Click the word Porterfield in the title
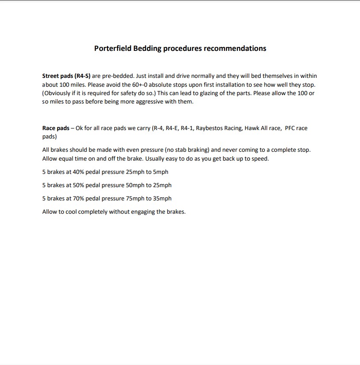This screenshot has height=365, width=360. [x=113, y=48]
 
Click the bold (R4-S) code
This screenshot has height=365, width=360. [x=82, y=76]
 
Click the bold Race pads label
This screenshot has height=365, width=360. [x=56, y=128]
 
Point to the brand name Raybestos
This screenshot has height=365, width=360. [x=210, y=128]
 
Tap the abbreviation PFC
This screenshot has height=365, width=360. [x=290, y=128]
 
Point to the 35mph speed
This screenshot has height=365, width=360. [x=161, y=198]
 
